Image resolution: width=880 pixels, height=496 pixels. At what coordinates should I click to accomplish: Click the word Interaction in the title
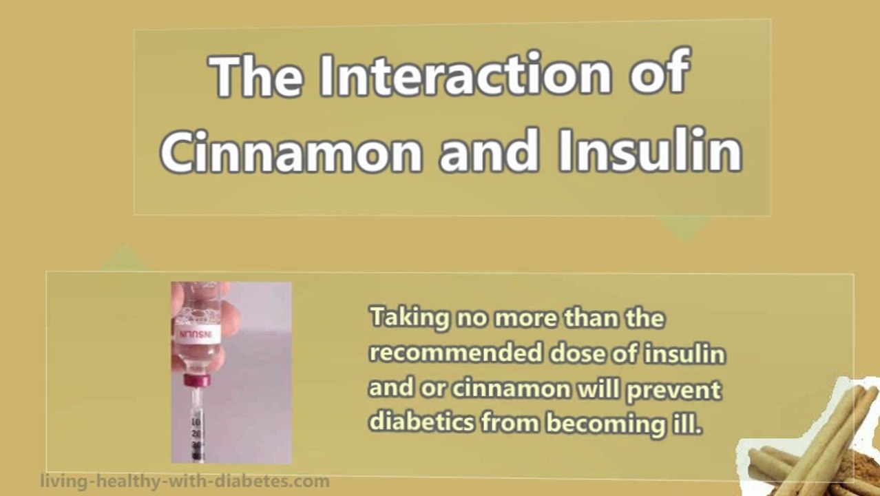tap(465, 74)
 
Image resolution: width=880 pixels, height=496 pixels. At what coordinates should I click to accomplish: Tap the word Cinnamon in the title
tap(291, 151)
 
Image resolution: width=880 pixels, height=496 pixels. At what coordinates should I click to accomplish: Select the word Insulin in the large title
tap(650, 149)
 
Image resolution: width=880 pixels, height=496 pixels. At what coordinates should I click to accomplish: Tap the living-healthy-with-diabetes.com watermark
tap(185, 482)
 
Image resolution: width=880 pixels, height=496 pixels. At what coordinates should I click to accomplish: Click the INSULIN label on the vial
tap(196, 335)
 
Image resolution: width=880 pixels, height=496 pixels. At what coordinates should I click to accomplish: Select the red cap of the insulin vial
tap(197, 380)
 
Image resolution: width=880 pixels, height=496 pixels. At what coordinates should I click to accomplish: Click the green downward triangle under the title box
tap(684, 228)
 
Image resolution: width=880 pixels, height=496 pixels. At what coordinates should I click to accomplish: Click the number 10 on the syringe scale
tap(196, 422)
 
